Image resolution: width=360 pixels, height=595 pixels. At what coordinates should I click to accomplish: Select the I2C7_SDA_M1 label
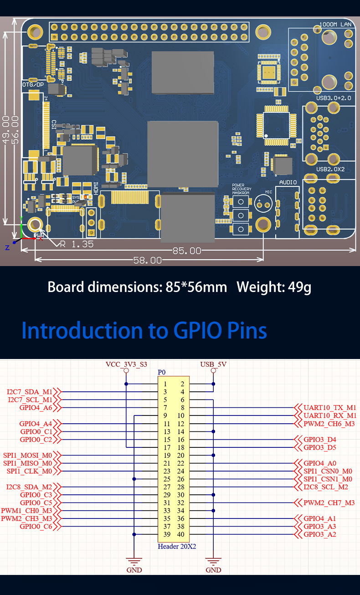[30, 392]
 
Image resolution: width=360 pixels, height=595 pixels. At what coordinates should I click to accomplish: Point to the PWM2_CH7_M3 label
[329, 503]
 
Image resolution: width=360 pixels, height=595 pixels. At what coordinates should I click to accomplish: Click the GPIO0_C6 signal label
[36, 527]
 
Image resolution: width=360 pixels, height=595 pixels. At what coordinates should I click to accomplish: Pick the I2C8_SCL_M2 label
[326, 487]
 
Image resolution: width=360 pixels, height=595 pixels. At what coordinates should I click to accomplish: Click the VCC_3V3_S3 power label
[126, 364]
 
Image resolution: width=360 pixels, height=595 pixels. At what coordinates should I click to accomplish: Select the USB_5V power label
[213, 364]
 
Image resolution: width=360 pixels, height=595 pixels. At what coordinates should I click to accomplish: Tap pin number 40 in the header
[180, 535]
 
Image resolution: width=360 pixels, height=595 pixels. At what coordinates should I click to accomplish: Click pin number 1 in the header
[165, 384]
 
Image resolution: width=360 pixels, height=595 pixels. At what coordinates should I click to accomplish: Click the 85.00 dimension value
[186, 251]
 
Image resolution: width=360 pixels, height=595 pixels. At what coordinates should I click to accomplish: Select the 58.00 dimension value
[147, 261]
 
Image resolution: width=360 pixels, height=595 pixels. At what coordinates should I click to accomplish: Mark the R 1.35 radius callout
[76, 244]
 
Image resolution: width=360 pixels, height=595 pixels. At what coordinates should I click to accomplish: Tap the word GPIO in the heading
[199, 331]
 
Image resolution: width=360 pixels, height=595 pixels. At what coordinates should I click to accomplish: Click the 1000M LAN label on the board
[335, 24]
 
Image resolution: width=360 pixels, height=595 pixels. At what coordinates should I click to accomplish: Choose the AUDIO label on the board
[288, 182]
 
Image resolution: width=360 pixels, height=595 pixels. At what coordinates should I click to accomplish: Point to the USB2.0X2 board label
[330, 169]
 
